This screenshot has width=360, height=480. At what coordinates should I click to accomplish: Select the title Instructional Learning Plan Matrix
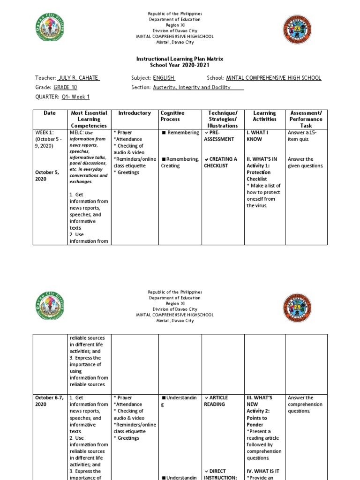click(x=180, y=59)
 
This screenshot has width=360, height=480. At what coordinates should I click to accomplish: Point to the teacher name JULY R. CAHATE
click(x=78, y=78)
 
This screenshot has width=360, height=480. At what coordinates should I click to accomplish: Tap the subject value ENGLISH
click(x=164, y=78)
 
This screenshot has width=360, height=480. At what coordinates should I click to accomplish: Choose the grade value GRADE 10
click(x=65, y=87)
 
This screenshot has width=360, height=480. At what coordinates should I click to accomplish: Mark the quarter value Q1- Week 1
click(x=75, y=97)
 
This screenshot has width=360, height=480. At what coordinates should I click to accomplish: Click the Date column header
click(x=50, y=113)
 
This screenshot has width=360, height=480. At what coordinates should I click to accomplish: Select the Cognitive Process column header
click(x=172, y=116)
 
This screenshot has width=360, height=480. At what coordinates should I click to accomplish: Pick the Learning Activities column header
click(x=264, y=116)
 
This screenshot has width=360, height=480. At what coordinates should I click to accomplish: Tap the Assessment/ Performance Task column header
click(x=306, y=119)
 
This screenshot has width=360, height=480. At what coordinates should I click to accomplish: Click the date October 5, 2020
click(x=46, y=175)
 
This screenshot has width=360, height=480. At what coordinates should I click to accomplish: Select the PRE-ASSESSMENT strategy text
click(x=219, y=136)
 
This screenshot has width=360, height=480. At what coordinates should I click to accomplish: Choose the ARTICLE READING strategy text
click(x=216, y=401)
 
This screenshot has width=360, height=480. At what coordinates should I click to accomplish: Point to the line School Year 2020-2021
click(x=180, y=65)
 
